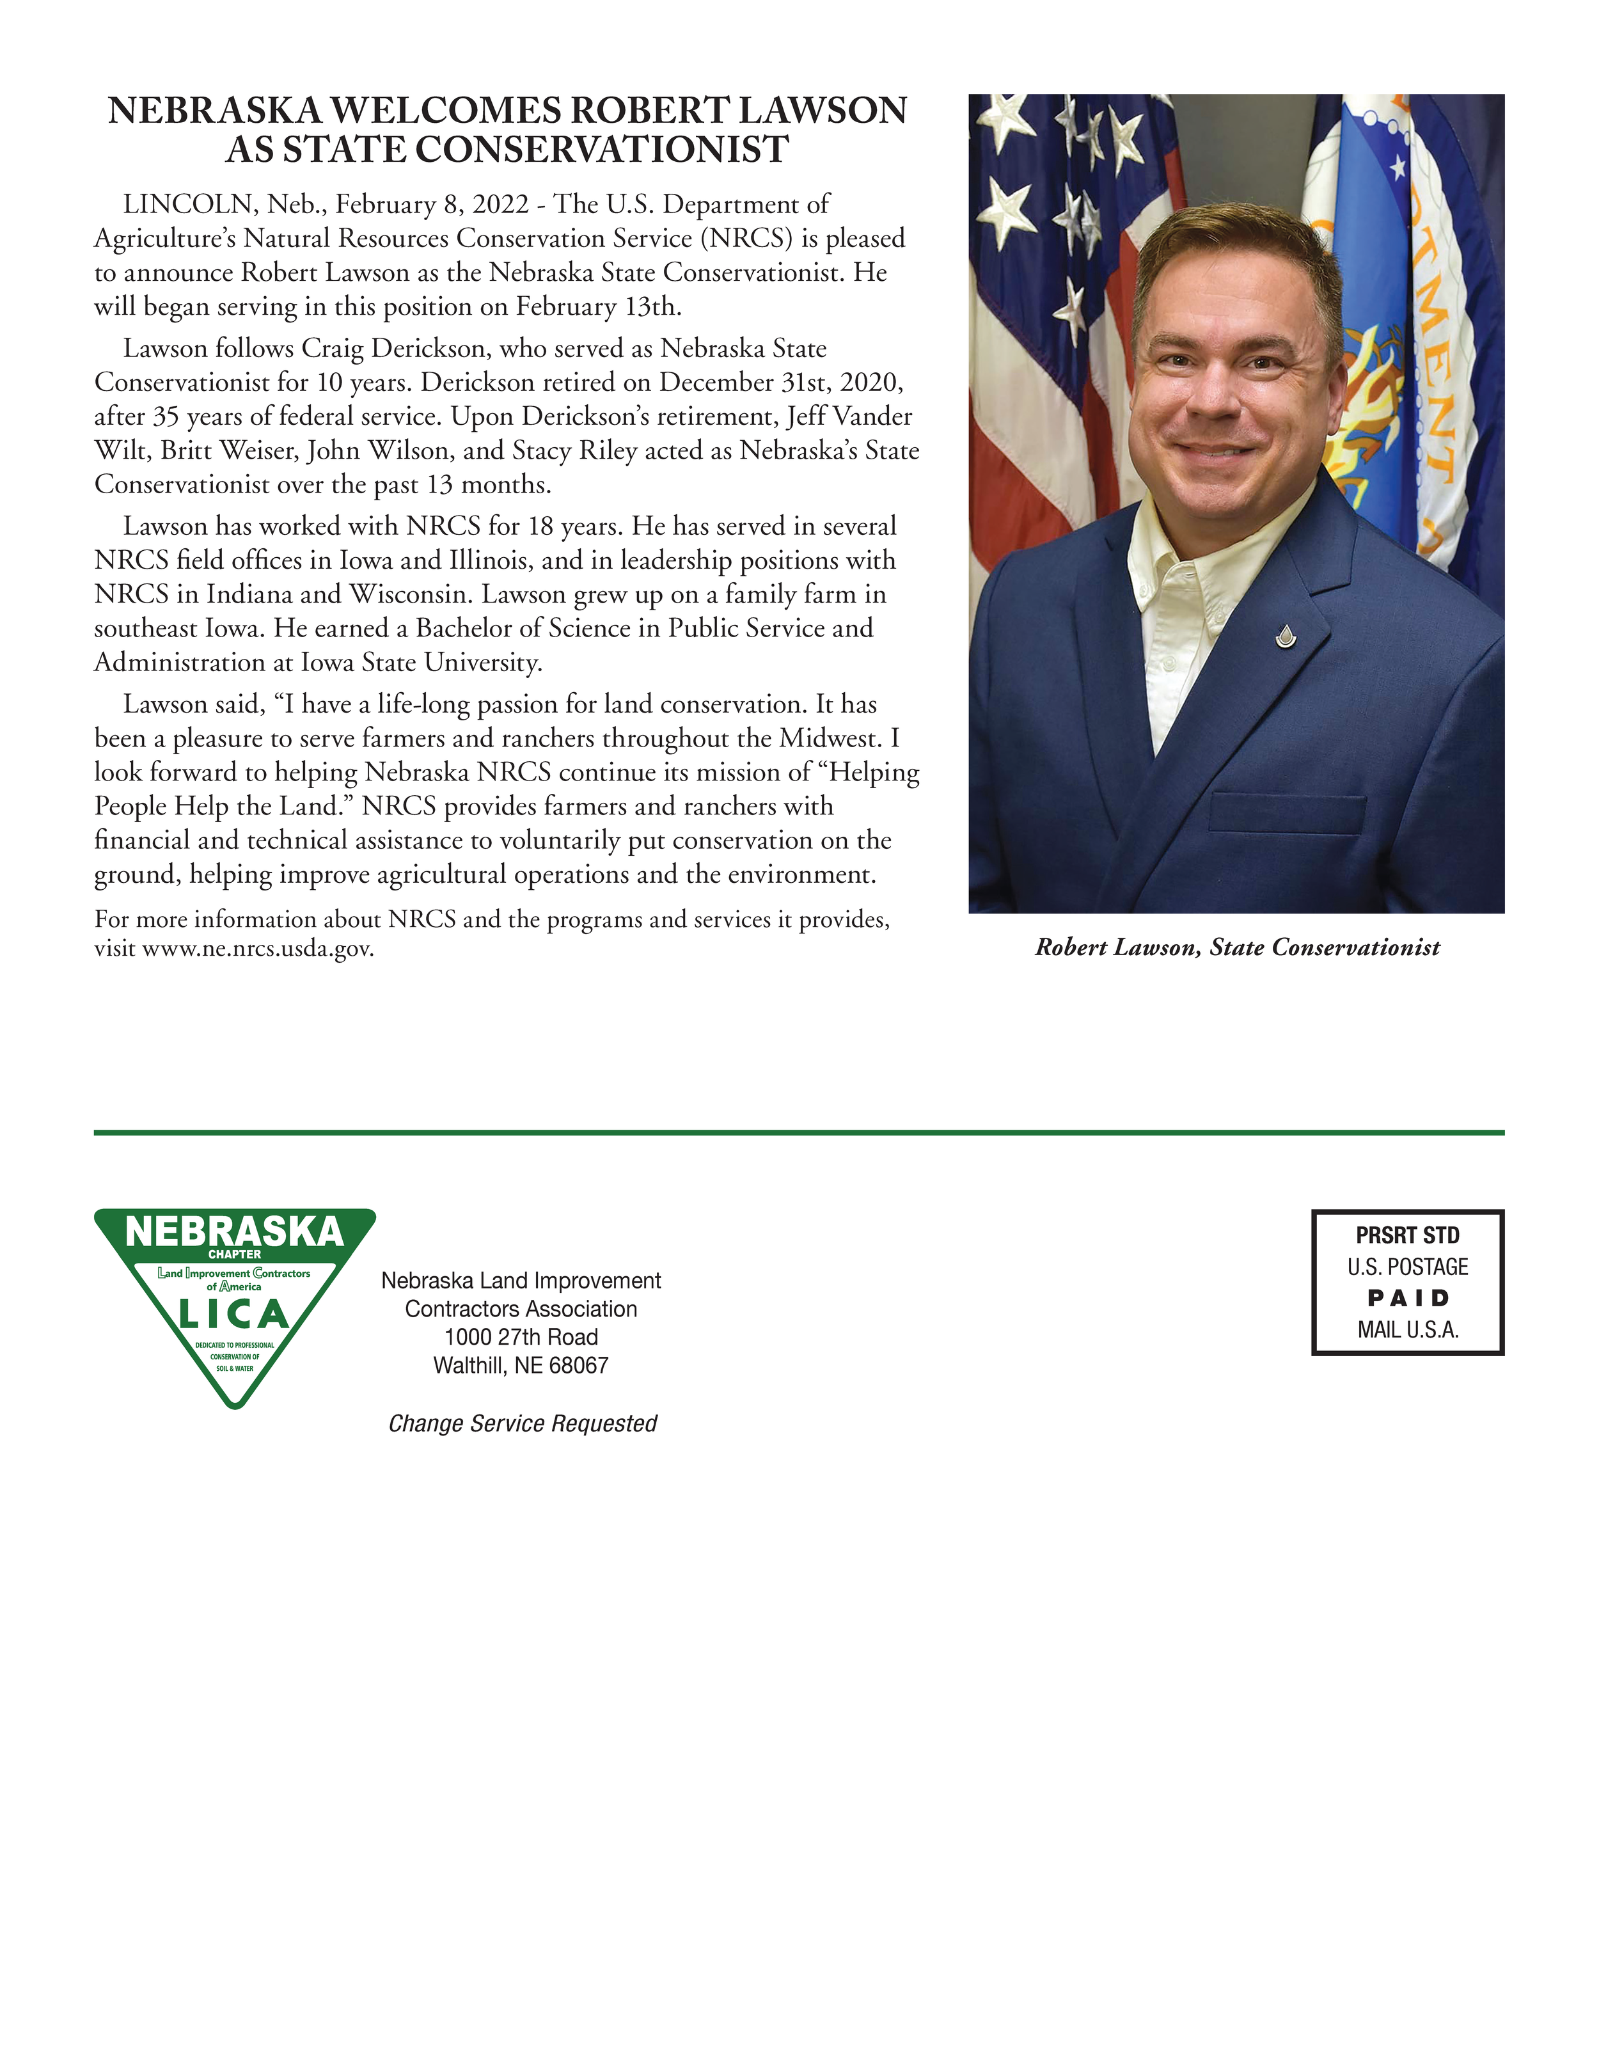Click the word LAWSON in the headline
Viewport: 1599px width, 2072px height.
click(821, 111)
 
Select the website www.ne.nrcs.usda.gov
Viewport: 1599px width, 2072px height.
click(257, 949)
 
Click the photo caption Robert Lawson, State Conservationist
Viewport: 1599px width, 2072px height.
click(1237, 947)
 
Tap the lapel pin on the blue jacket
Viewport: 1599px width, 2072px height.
click(1285, 637)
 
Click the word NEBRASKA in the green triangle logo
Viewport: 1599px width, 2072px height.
click(234, 1231)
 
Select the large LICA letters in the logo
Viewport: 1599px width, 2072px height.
click(234, 1314)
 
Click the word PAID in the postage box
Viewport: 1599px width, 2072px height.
click(1407, 1298)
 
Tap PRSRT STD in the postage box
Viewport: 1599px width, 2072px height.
click(1407, 1235)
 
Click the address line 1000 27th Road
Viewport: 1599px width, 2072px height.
click(521, 1338)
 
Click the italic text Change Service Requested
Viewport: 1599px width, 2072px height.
click(523, 1423)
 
